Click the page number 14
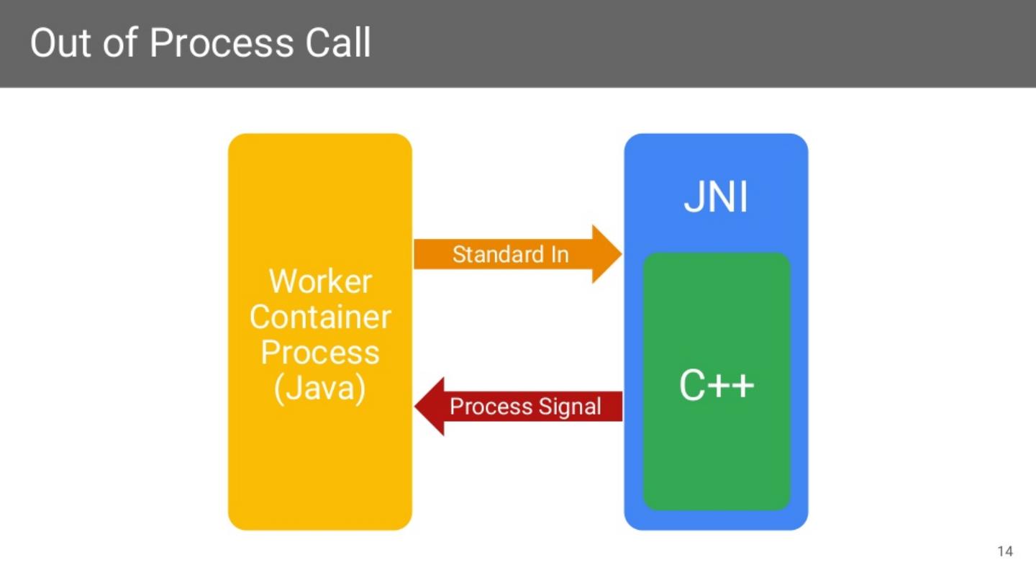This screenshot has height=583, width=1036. [x=1005, y=551]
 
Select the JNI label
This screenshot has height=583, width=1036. [x=716, y=198]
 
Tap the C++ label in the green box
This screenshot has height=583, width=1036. [x=717, y=387]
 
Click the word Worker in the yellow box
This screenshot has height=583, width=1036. [x=320, y=281]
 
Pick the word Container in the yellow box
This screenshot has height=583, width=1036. [x=320, y=317]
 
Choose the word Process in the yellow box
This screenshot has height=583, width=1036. [x=320, y=353]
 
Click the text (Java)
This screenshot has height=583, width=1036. [x=320, y=389]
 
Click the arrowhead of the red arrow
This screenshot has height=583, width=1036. [x=430, y=407]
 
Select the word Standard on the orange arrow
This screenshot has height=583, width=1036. [x=496, y=254]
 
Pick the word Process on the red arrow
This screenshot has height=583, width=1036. [x=490, y=407]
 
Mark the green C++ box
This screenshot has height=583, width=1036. [x=717, y=461]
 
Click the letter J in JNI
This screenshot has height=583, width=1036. [x=692, y=198]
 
